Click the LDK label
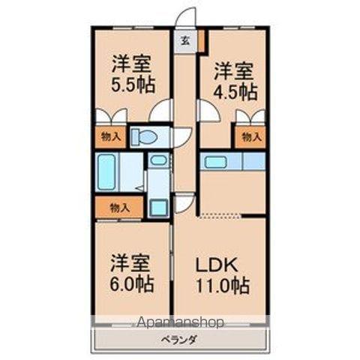coord(217,265)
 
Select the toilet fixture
coord(147,136)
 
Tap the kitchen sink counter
coord(232,161)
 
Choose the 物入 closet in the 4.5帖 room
coord(250,137)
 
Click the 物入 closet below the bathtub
coord(118,207)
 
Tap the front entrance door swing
coord(186,16)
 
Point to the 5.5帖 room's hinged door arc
coord(160,112)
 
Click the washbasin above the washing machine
coord(157,160)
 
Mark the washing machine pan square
coord(158,208)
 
